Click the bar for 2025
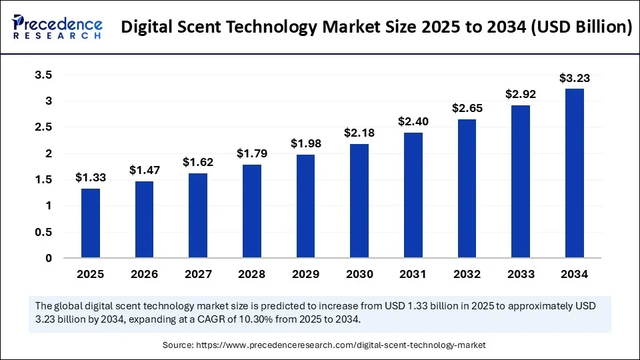91,223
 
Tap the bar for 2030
359,201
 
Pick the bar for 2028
252,211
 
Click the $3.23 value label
574,78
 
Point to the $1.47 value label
144,171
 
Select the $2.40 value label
413,122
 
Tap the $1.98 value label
305,143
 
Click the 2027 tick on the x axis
198,273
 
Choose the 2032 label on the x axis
467,273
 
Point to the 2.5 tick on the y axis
43,127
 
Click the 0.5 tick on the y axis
43,232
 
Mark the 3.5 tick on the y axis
43,75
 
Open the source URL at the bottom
340,345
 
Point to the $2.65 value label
467,108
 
